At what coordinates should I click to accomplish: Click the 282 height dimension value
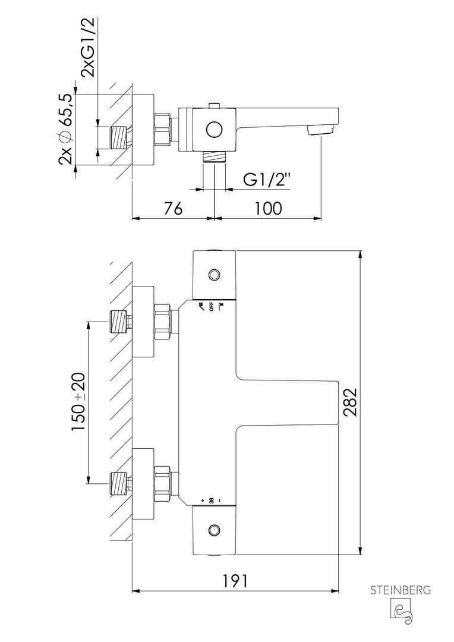[x=350, y=403]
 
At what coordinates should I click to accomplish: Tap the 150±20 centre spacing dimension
[x=78, y=401]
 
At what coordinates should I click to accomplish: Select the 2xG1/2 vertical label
[x=88, y=48]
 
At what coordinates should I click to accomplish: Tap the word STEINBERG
[x=400, y=590]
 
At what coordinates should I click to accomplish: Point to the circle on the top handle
[x=215, y=274]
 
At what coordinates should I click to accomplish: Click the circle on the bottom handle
[x=215, y=528]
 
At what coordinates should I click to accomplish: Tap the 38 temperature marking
[x=211, y=501]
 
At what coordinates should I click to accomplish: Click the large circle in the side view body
[x=214, y=129]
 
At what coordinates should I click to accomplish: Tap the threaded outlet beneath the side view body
[x=214, y=158]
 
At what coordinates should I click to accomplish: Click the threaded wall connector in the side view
[x=121, y=139]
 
